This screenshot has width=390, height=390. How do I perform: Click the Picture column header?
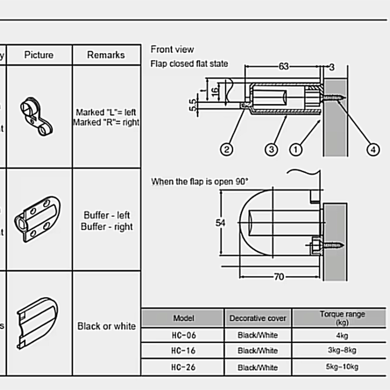pyautogui.click(x=39, y=55)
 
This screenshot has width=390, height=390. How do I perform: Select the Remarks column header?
pyautogui.click(x=106, y=55)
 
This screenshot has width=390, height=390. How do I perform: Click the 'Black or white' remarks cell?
pyautogui.click(x=106, y=326)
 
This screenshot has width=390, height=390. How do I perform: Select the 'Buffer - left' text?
pyautogui.click(x=106, y=215)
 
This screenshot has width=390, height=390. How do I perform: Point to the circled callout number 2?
pyautogui.click(x=226, y=149)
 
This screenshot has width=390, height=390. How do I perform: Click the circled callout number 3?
pyautogui.click(x=272, y=149)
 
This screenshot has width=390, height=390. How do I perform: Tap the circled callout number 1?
pyautogui.click(x=295, y=149)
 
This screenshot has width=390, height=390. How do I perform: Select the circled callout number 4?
pyautogui.click(x=373, y=149)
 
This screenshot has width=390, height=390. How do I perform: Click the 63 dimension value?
pyautogui.click(x=284, y=66)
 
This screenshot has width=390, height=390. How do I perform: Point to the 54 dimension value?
pyautogui.click(x=221, y=222)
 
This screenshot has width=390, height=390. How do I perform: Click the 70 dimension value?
pyautogui.click(x=278, y=277)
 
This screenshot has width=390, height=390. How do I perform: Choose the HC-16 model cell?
pyautogui.click(x=183, y=351)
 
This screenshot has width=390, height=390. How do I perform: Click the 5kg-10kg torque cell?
pyautogui.click(x=342, y=367)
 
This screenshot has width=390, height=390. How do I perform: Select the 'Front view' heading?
pyautogui.click(x=172, y=49)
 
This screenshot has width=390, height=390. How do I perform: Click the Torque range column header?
pyautogui.click(x=342, y=318)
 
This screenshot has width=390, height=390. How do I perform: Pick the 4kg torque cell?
pyautogui.click(x=342, y=335)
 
